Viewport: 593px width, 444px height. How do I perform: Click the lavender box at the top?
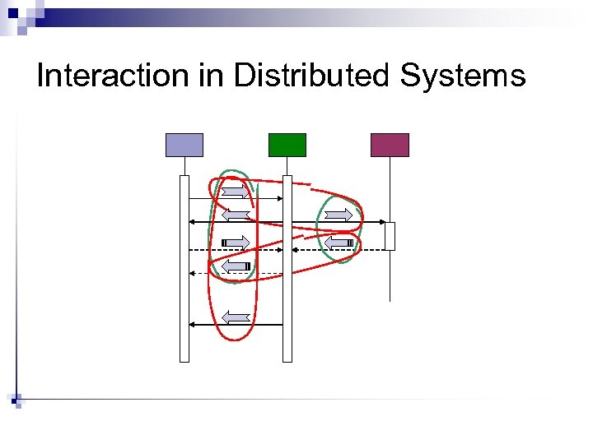click(184, 145)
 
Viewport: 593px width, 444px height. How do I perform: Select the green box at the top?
click(287, 145)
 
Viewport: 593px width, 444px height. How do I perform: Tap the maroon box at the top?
click(390, 145)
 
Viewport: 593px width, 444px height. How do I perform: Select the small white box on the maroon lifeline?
click(390, 236)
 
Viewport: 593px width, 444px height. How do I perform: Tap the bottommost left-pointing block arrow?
click(236, 317)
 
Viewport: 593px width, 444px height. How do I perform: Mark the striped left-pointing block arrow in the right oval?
click(339, 243)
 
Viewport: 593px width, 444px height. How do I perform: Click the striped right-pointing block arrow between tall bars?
click(236, 242)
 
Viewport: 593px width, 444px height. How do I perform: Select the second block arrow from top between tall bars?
click(236, 215)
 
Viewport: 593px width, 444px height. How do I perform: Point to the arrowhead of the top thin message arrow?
click(279, 199)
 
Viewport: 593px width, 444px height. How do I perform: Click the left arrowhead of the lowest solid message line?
click(192, 325)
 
